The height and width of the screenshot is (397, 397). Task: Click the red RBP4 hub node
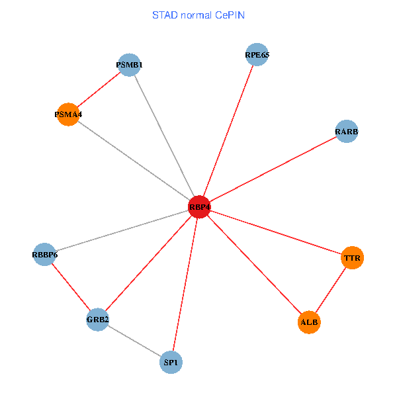click(199, 207)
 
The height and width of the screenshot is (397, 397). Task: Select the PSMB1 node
click(130, 65)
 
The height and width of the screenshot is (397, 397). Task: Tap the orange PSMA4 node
click(68, 114)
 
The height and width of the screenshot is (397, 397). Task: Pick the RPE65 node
click(257, 55)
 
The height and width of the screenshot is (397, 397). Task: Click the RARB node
click(347, 132)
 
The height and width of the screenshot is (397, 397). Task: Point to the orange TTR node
click(353, 257)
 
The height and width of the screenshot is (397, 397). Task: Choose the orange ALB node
click(309, 322)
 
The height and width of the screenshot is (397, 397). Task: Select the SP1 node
click(171, 363)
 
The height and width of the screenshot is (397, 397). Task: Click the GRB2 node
click(97, 320)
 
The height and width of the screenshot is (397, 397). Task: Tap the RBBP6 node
click(44, 254)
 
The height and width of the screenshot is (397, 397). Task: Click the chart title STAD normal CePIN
click(198, 15)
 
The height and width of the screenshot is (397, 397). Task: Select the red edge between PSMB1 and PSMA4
click(99, 89)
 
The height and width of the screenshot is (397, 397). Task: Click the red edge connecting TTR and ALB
click(331, 290)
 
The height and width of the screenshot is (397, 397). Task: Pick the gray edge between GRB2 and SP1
click(134, 341)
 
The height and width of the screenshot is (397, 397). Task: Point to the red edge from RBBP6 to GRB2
click(71, 287)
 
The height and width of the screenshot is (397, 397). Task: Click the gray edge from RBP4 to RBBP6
click(122, 230)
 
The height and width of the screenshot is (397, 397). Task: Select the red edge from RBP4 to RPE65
click(228, 131)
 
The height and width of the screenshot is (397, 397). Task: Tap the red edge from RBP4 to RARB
click(273, 169)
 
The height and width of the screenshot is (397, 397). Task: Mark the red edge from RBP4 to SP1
click(185, 285)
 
